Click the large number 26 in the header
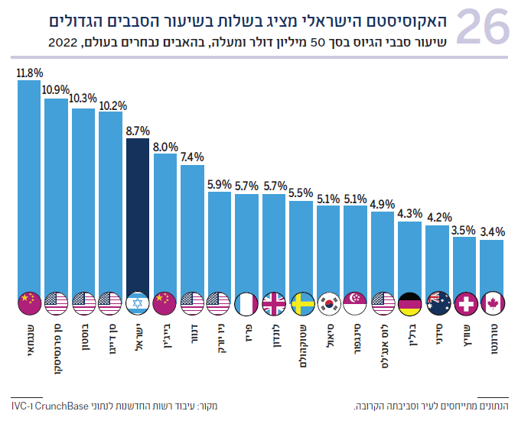[482, 29]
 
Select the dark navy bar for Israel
[138, 214]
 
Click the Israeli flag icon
[138, 303]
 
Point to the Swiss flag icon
[464, 303]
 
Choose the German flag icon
[410, 303]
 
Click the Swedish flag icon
[301, 303]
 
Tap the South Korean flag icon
[328, 303]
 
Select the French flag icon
[246, 303]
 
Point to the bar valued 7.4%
[192, 229]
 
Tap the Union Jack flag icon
[274, 303]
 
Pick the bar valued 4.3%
[410, 256]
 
